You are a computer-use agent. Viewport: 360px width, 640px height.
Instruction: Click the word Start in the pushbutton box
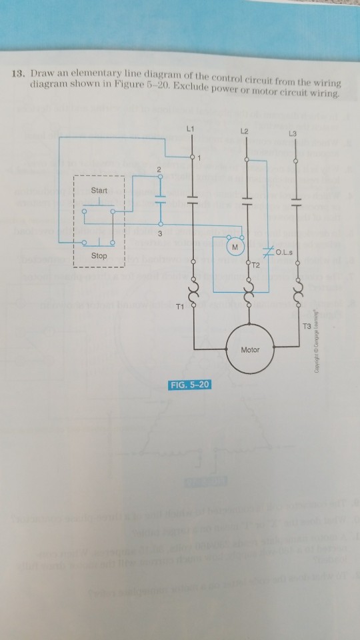pos(99,191)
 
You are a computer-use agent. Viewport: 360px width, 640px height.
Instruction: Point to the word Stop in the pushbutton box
pos(99,255)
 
